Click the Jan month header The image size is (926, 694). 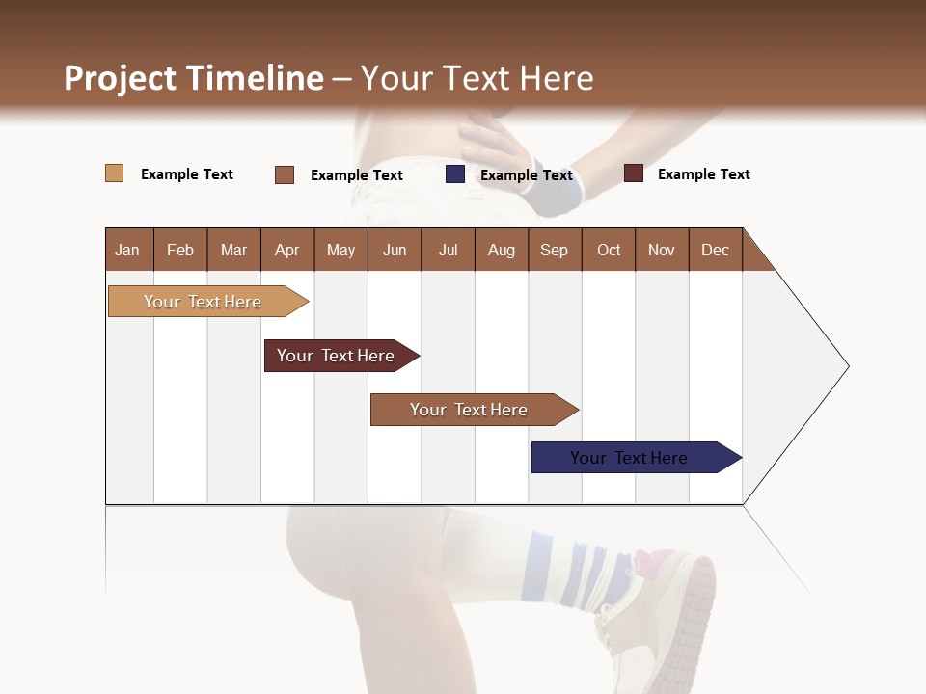tap(128, 250)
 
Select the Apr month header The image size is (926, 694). tap(287, 250)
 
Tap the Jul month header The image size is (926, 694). tap(448, 250)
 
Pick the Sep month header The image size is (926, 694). tap(554, 250)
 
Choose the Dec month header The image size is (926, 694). tap(715, 250)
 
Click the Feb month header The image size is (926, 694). tap(180, 250)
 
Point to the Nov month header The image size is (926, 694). tap(661, 250)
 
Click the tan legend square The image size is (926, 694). tap(115, 173)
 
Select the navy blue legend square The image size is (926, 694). tap(455, 174)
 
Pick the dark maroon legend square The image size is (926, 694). tap(634, 173)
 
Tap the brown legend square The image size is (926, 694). tap(285, 174)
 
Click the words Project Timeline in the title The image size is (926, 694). tap(193, 78)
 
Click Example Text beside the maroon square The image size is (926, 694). tap(703, 174)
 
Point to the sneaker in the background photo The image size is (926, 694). tap(666, 617)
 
